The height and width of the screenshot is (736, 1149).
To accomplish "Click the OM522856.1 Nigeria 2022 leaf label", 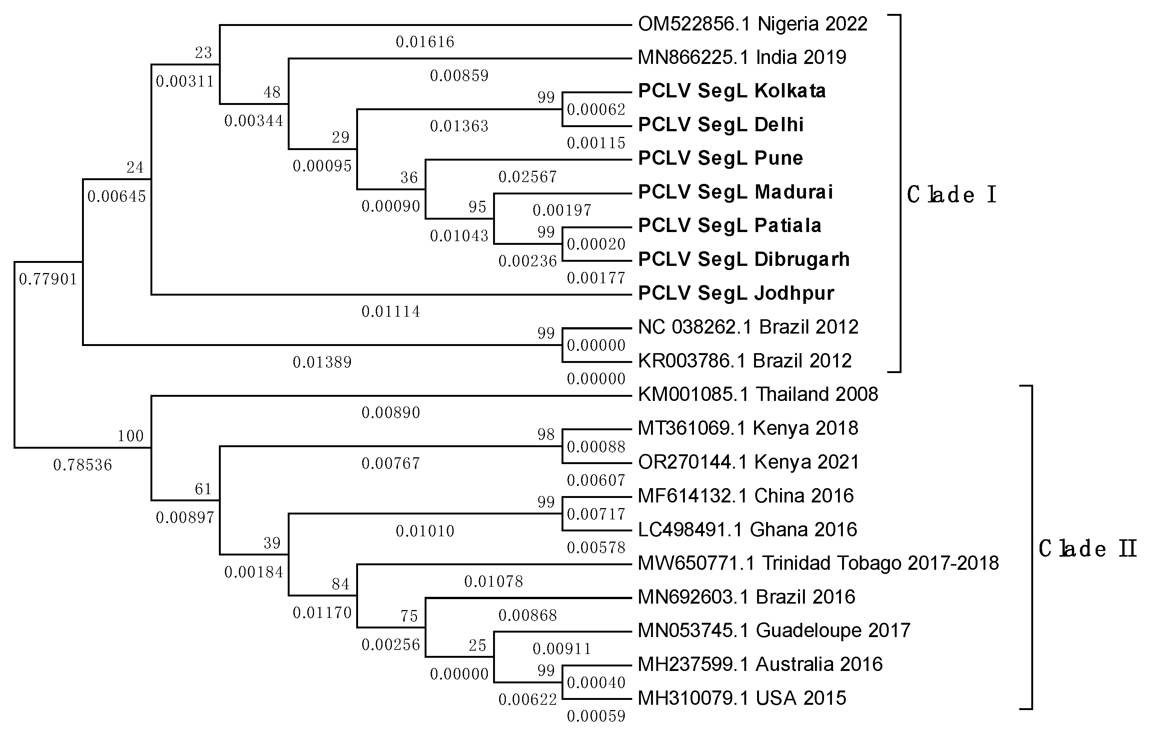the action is pos(752,24).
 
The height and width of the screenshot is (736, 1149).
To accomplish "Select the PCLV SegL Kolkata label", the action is pos(732,91).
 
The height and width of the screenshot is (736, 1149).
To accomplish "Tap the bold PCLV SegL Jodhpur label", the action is pos(736,293).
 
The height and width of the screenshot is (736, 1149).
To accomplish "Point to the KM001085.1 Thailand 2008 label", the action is pos(758,394).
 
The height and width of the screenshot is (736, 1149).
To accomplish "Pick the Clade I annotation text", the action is pos(951,195).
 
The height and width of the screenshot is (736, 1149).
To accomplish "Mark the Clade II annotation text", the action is pos(1087,549).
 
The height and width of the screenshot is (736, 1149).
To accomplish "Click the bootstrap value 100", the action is pos(131,436).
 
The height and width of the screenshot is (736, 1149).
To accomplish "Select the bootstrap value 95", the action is pos(477,207).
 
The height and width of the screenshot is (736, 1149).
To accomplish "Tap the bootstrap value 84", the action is pos(340,584).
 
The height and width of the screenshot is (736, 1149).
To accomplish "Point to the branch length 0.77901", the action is pos(48,279).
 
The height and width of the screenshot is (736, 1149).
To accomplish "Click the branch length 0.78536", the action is pos(82,465).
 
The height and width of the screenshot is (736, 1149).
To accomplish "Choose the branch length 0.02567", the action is pos(528,177).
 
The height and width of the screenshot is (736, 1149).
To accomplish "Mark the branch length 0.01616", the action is pos(425,42).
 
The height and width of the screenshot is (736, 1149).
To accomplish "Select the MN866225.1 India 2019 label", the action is pos(742,57).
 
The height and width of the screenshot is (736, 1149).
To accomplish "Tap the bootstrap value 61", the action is pos(203,489).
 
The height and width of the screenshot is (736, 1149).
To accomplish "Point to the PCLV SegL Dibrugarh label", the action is pos(744,259).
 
